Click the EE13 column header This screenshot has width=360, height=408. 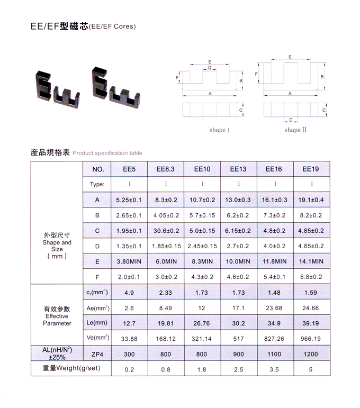click(x=238, y=169)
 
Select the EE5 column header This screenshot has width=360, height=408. click(x=129, y=169)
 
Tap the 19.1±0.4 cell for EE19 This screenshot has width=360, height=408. click(x=312, y=200)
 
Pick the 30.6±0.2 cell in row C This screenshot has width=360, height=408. click(x=166, y=231)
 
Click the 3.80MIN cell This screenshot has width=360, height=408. click(x=129, y=261)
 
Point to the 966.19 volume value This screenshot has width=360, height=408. click(x=312, y=338)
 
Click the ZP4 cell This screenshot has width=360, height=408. click(x=97, y=353)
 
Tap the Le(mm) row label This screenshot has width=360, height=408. click(x=97, y=322)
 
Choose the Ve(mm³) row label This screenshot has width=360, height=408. click(x=97, y=338)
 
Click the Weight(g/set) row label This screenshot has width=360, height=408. click(x=71, y=368)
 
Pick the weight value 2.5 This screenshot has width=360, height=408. click(x=238, y=369)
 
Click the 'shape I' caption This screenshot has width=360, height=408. click(x=219, y=130)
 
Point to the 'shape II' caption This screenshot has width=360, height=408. click(x=295, y=130)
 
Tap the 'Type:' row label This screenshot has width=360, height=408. click(x=97, y=184)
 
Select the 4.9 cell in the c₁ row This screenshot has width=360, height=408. click(x=129, y=292)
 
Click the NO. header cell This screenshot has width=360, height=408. click(x=97, y=169)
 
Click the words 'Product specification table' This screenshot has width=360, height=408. click(x=107, y=153)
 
